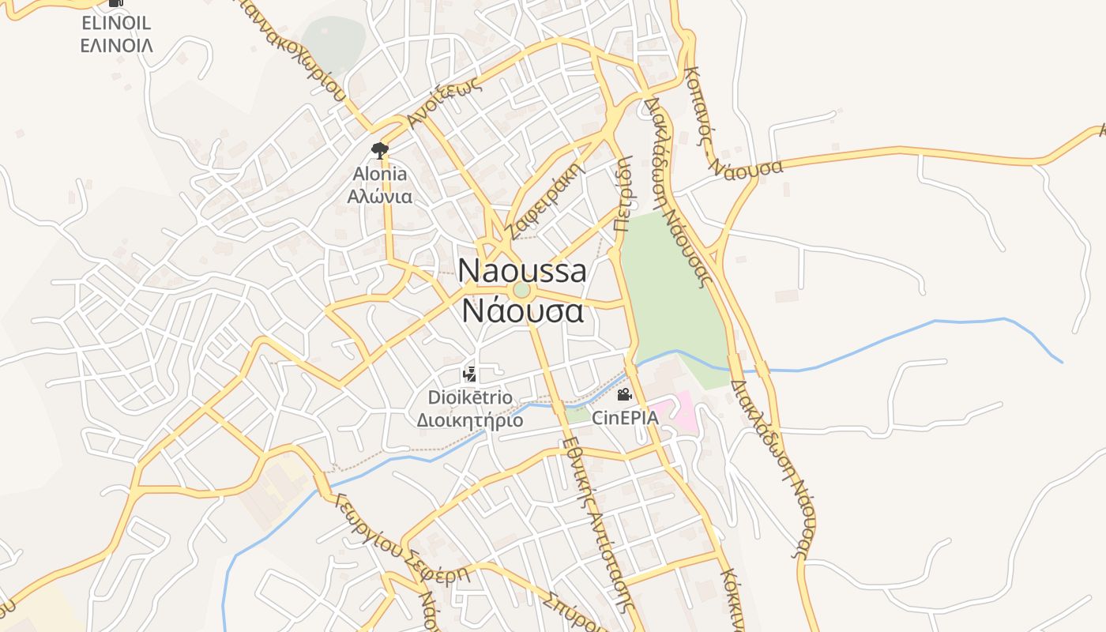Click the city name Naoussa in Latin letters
[x=522, y=271]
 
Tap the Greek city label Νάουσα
[x=522, y=310]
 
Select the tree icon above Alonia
[x=380, y=150]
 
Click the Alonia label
[x=380, y=174]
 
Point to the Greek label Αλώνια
[x=380, y=195]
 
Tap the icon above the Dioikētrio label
[x=470, y=374]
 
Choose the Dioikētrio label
[x=470, y=397]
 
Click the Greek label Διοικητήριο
[x=470, y=419]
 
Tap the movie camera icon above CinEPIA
[x=624, y=394]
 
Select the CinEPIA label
[x=625, y=417]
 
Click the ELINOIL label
[x=116, y=23]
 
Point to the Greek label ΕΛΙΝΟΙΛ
[x=116, y=45]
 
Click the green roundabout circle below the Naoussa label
[x=521, y=291]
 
